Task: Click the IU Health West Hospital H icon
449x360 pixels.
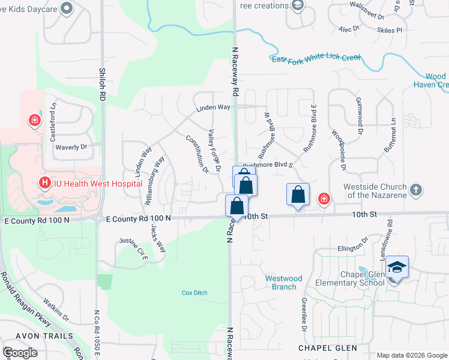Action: [x=43, y=182]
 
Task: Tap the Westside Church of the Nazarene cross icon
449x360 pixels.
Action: [x=416, y=191]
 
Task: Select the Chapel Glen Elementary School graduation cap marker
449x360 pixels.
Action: [x=397, y=267]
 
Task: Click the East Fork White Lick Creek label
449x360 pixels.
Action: [x=316, y=58]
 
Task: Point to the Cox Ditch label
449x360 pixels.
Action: [x=194, y=293]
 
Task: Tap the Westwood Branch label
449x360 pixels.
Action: [x=284, y=283]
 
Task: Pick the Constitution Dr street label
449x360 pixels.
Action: [x=196, y=154]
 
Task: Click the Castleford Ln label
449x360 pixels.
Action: [x=53, y=112]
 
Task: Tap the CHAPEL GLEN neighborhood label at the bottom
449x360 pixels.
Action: [x=328, y=348]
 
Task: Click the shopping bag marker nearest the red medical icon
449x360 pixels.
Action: [x=298, y=196]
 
